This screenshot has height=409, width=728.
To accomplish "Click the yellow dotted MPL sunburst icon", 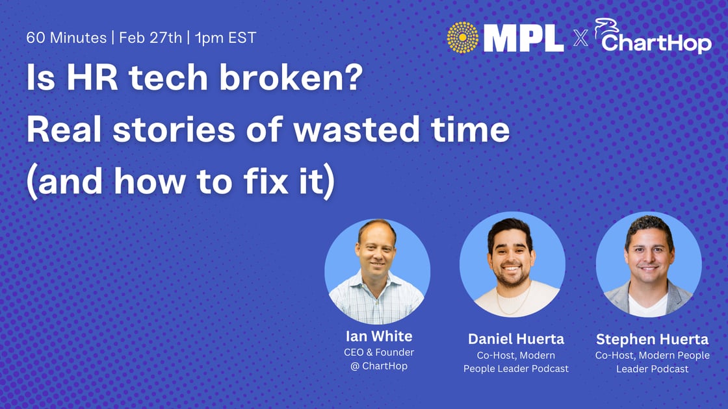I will (463, 36).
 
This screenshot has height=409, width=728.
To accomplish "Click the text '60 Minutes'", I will (66, 37).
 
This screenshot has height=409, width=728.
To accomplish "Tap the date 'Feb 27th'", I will (149, 37).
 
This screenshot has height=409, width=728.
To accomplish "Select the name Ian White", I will (378, 337).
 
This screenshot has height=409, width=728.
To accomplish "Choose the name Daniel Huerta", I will (515, 339).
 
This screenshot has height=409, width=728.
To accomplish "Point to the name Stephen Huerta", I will (652, 339).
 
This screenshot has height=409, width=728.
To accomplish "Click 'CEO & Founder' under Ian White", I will (378, 353).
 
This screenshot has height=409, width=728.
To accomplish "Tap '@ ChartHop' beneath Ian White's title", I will (378, 366).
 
